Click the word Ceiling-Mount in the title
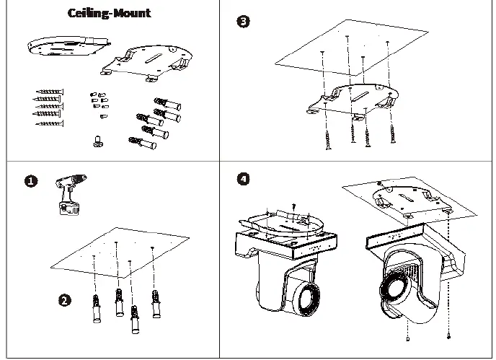109,13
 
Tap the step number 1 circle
31,181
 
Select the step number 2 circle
65,300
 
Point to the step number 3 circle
243,22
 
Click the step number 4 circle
243,179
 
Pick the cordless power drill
70,194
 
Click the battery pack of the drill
68,209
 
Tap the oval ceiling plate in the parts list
68,45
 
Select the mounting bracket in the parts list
146,63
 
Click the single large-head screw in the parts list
99,141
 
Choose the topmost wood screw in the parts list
50,92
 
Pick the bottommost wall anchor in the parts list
142,143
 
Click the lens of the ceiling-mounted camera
394,288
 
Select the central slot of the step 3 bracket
360,96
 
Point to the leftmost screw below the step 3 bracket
328,140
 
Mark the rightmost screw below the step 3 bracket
393,134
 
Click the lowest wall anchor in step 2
135,320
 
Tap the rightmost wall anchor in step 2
156,304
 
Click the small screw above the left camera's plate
294,207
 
